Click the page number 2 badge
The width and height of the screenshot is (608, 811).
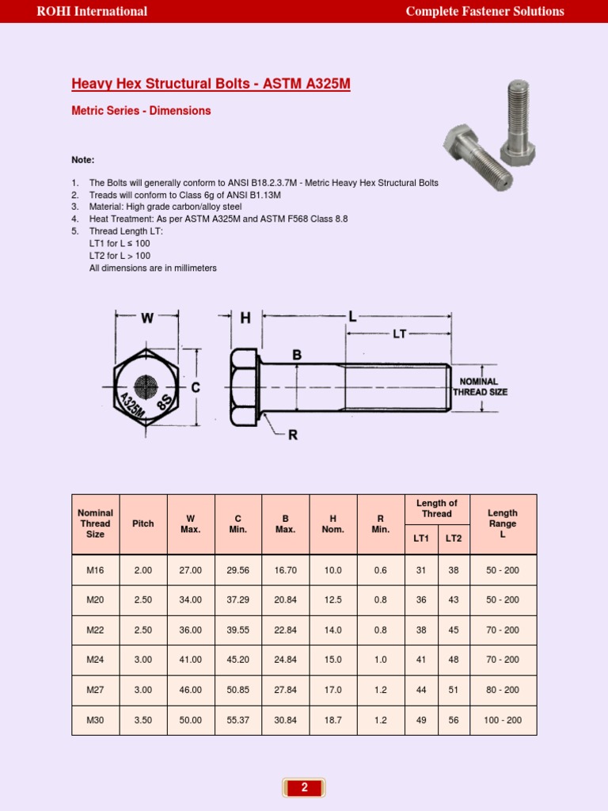pos(304,787)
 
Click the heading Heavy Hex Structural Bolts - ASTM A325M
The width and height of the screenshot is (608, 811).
pos(211,84)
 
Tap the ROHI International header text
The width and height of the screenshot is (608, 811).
pos(92,11)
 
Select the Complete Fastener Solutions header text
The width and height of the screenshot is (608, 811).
pos(484,11)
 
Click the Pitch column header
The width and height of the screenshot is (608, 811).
pos(143,524)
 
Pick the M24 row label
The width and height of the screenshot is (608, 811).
pos(95,660)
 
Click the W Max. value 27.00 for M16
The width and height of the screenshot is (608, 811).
pos(191,570)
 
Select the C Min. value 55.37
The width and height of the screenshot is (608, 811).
pos(238,720)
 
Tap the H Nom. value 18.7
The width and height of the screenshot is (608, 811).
pos(333,720)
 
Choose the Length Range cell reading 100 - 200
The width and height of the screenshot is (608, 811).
pos(503,720)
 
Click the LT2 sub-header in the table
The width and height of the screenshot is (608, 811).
pos(454,539)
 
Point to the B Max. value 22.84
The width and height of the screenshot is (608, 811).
pos(286,630)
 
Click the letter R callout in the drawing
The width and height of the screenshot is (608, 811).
pos(293,435)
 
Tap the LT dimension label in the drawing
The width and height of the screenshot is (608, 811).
pos(399,334)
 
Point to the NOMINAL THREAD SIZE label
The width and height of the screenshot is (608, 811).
pos(480,386)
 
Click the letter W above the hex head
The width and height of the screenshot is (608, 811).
pos(147,318)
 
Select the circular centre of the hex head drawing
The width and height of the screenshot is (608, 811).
pos(146,387)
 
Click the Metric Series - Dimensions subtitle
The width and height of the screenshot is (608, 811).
pos(141,111)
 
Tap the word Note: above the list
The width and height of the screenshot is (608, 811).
pos(82,160)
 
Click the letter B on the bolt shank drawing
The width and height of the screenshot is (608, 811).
pos(297,356)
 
